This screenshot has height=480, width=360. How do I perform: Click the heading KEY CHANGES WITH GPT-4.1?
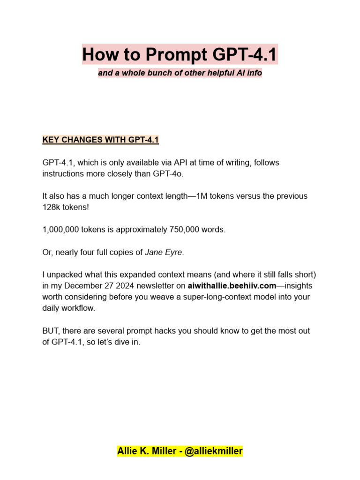(101, 140)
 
